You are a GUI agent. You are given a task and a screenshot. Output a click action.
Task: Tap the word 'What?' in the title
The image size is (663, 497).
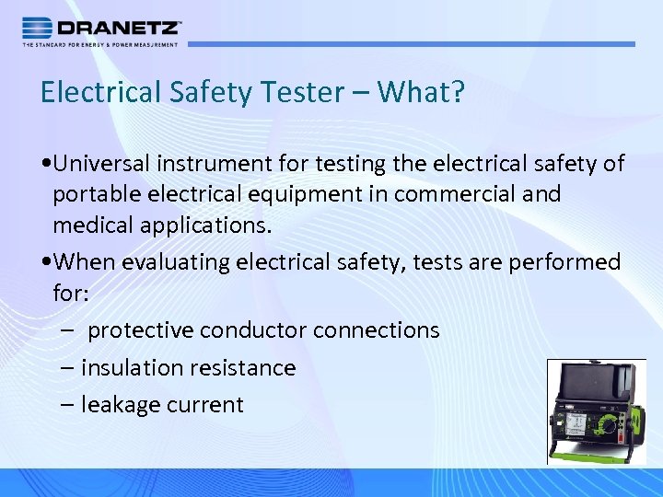(x=433, y=92)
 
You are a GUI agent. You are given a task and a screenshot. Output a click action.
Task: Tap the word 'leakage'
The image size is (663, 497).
(x=119, y=404)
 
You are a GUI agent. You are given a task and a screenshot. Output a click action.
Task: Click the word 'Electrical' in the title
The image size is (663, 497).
(x=98, y=92)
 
